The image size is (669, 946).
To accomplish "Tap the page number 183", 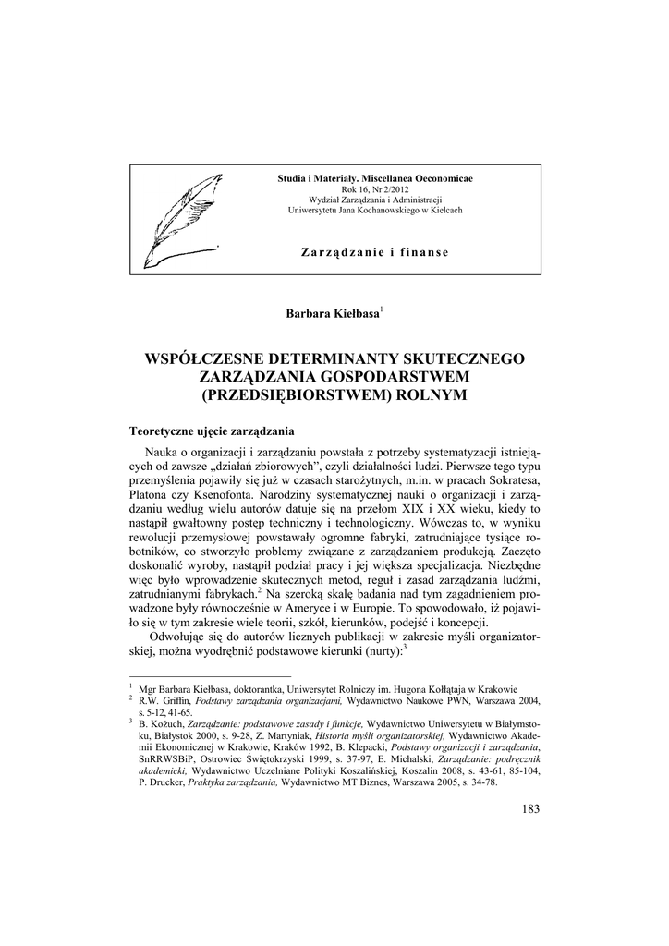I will [529, 809].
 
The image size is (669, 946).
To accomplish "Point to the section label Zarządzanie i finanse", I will [375, 252].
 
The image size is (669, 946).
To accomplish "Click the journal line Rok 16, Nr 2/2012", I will [374, 188].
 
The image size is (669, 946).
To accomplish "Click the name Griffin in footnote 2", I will [178, 701].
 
